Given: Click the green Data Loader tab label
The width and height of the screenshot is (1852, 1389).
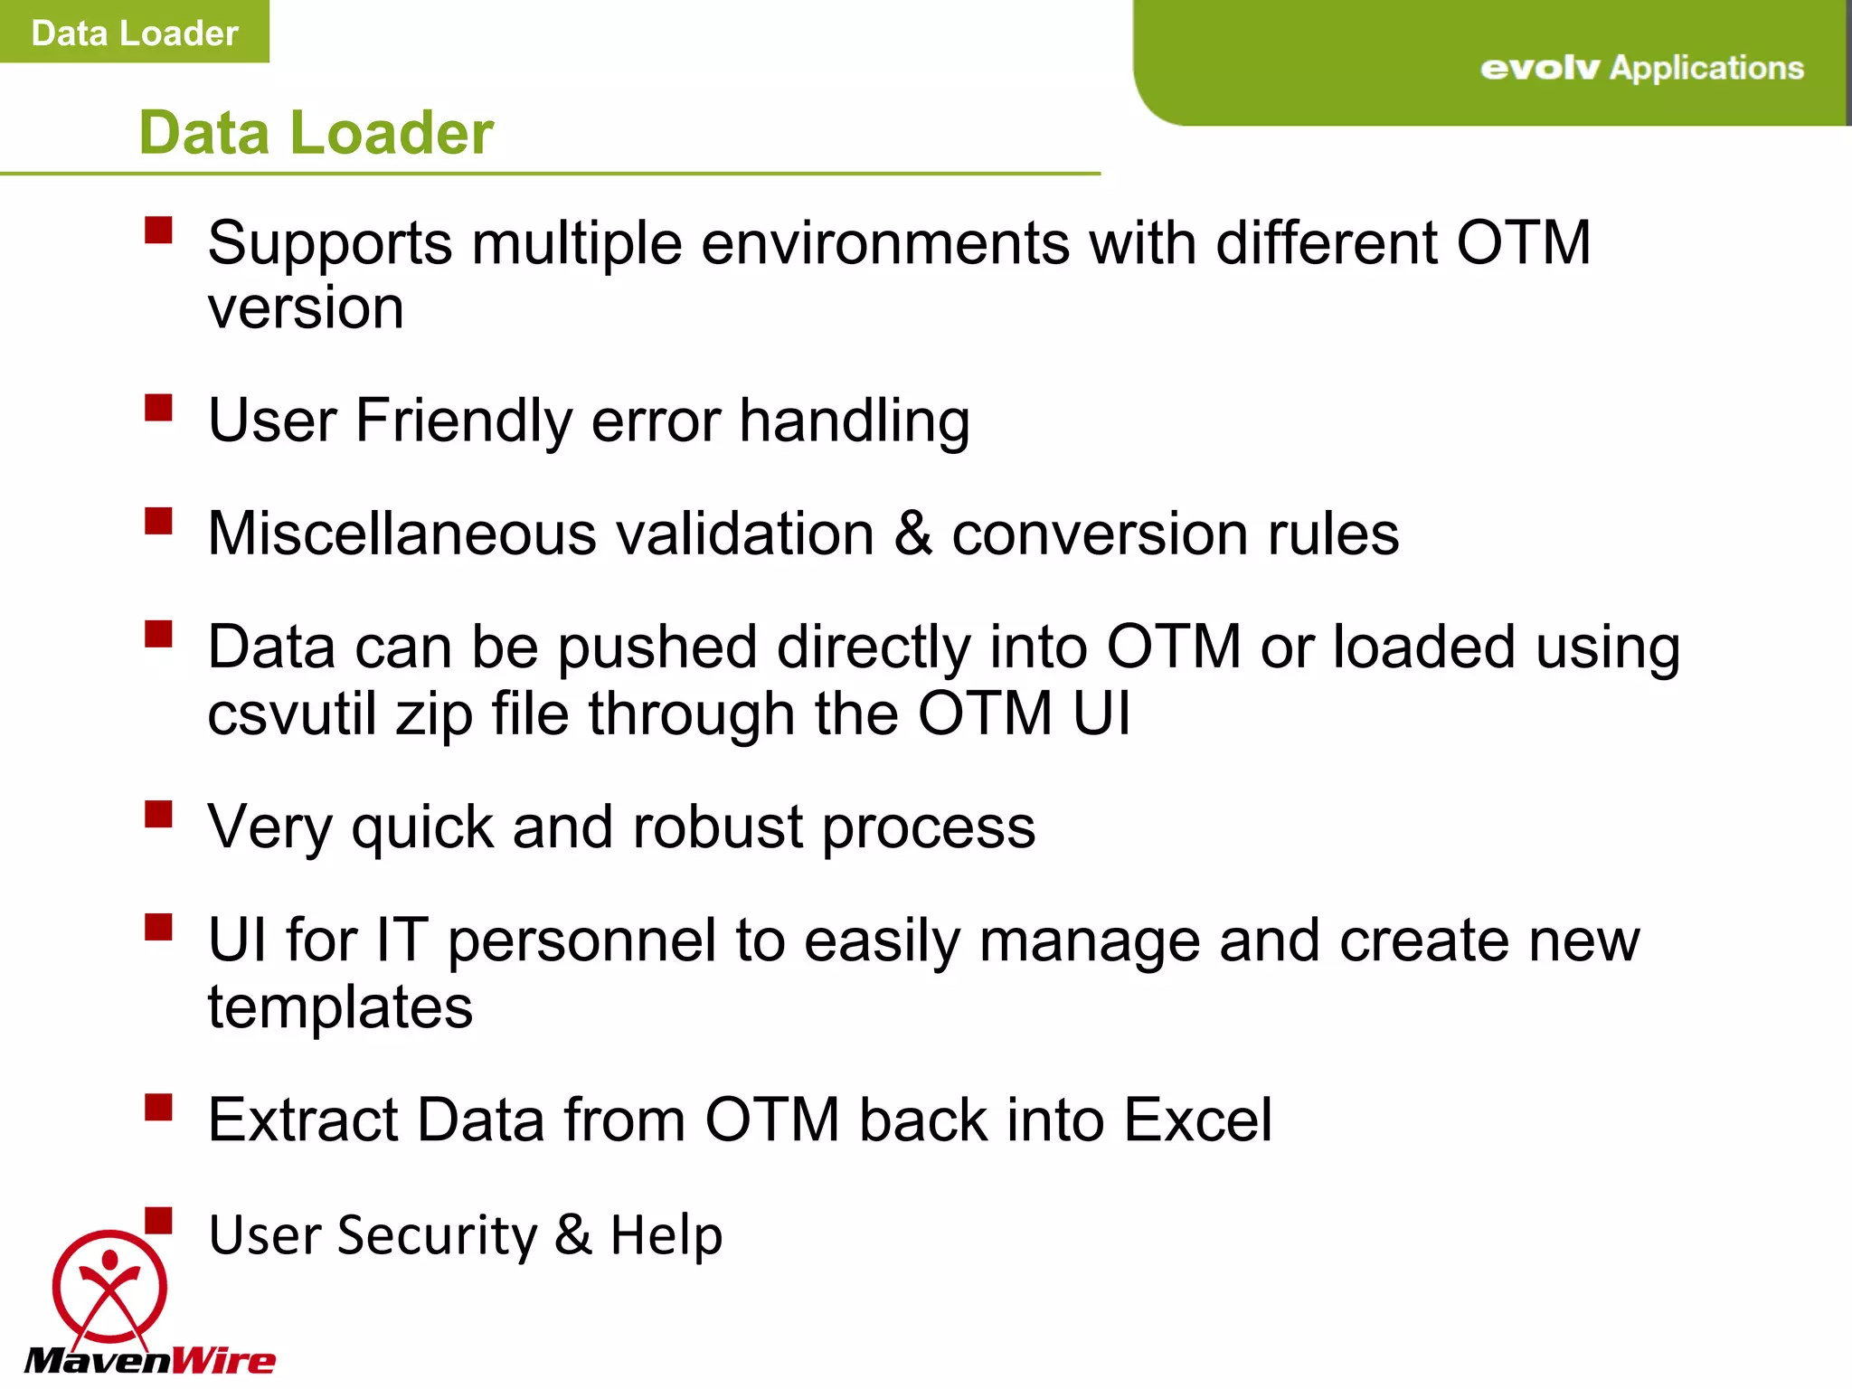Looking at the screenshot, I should pos(134,33).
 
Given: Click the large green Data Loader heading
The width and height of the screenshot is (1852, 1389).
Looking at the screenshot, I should pos(316,133).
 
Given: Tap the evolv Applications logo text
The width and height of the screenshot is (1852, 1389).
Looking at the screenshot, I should pos(1641,68).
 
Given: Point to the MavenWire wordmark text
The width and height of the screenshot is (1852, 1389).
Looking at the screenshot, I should pos(149,1360).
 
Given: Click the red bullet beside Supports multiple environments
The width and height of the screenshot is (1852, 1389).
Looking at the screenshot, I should pos(158,230).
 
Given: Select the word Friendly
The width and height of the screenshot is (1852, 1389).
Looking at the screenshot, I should pos(463,421).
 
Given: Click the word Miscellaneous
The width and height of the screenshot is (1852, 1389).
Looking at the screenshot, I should pos(402,534).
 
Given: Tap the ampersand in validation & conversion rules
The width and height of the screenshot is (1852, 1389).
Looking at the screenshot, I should pos(912,534).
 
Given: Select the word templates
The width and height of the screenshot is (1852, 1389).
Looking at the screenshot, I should pos(340,1007).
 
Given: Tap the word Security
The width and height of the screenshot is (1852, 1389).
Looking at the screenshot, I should pos(437,1235).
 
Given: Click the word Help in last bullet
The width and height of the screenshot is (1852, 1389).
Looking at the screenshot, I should pos(666,1235).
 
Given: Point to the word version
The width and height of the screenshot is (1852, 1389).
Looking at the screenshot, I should pos(305,308).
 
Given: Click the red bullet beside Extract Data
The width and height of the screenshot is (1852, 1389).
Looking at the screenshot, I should pos(158,1107).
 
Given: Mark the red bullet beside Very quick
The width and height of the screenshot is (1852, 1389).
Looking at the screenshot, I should pos(158,814).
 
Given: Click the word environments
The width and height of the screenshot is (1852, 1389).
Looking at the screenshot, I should pos(884,243).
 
